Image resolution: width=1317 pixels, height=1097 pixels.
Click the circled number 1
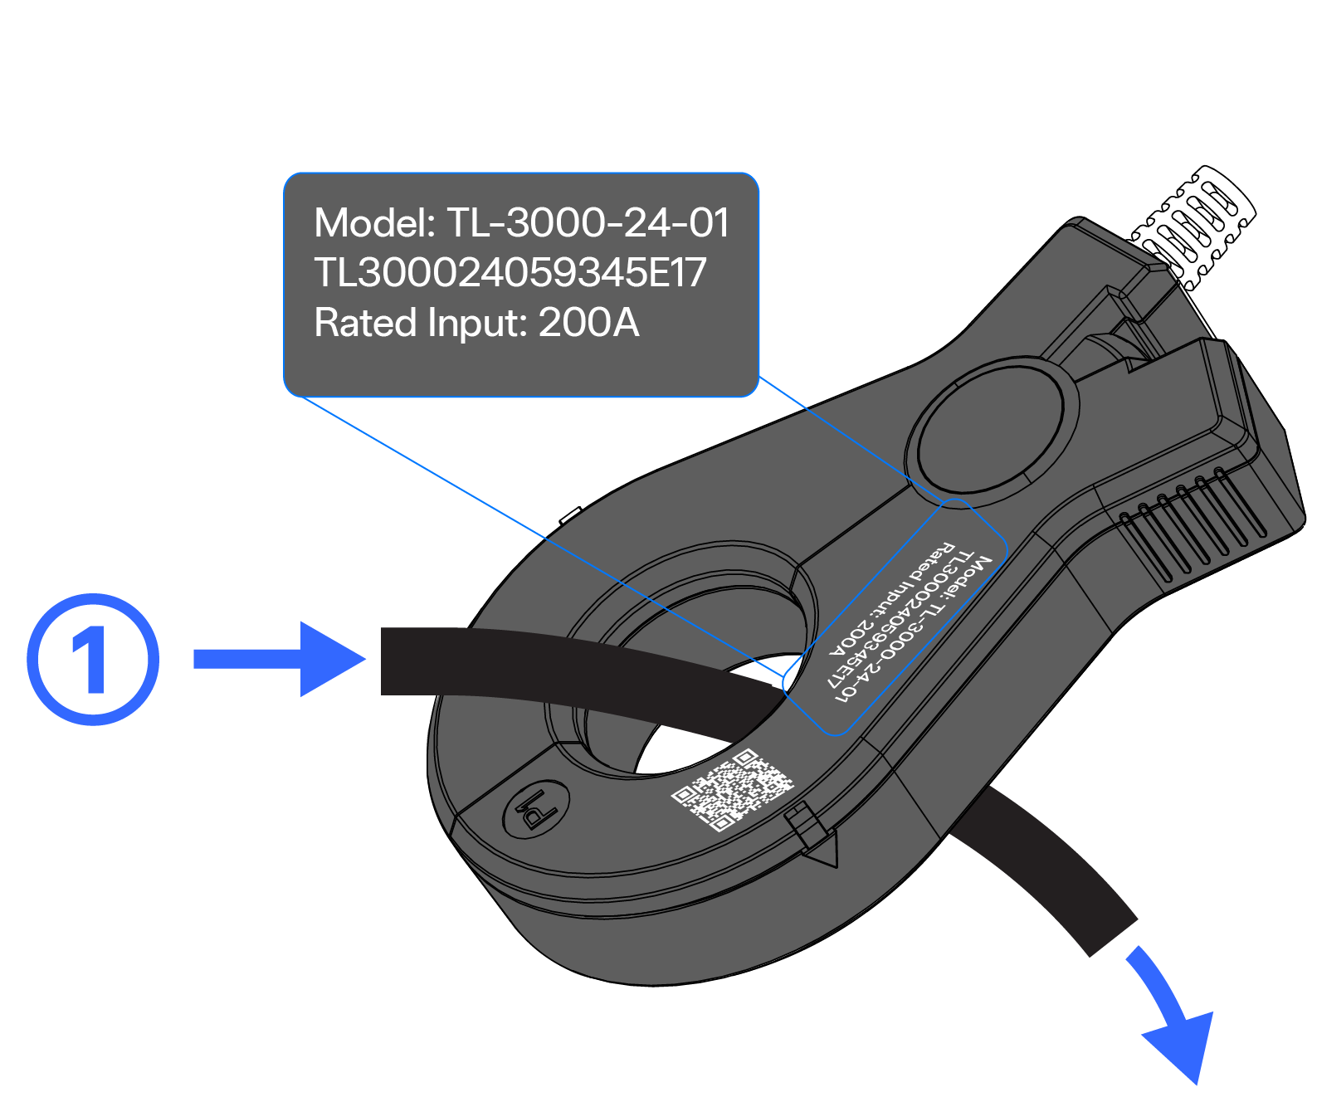tap(92, 659)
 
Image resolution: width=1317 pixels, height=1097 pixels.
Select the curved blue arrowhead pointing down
tap(1182, 1041)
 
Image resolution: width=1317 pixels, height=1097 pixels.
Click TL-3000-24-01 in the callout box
tap(588, 223)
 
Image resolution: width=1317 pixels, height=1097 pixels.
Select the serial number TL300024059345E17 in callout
tap(510, 273)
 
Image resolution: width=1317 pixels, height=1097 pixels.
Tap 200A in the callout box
tap(588, 323)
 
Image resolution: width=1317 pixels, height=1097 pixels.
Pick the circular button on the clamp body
tap(993, 430)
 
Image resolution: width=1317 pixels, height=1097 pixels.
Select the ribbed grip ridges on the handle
tap(1187, 523)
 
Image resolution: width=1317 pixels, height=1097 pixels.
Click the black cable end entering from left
tap(432, 661)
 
